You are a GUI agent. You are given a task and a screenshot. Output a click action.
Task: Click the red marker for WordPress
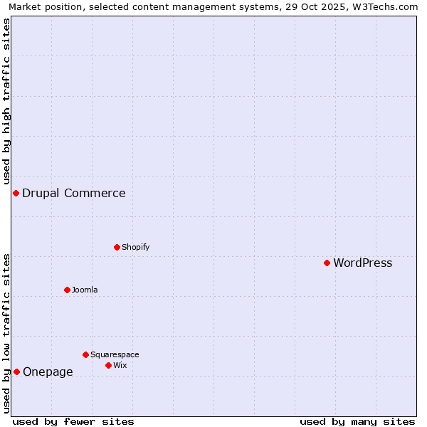point(327,263)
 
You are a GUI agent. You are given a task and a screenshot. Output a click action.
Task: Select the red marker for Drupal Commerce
point(16,193)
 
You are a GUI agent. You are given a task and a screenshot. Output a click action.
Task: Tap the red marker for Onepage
point(16,371)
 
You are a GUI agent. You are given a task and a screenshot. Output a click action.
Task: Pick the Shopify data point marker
point(117,247)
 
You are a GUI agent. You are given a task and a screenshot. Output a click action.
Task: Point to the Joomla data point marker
point(67,290)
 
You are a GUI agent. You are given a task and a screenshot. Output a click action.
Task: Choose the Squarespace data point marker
point(85,354)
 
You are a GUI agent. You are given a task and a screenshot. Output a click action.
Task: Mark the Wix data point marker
point(108,365)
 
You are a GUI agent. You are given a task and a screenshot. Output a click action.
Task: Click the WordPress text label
point(362,263)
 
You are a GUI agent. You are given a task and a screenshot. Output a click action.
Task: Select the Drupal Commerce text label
point(73,194)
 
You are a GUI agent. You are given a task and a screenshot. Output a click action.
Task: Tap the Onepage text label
point(48,372)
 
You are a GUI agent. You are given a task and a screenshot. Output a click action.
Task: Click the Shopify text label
point(135,248)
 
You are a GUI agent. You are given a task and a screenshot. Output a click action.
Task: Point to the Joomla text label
point(85,290)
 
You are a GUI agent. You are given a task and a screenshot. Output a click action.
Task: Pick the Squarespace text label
point(115,355)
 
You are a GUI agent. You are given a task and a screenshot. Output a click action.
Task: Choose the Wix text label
point(120,366)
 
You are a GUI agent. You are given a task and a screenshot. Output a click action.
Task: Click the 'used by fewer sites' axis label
point(73,421)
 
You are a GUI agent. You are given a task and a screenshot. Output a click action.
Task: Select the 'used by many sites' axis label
point(357,421)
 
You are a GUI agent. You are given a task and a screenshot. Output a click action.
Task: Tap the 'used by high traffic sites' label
point(6,101)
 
